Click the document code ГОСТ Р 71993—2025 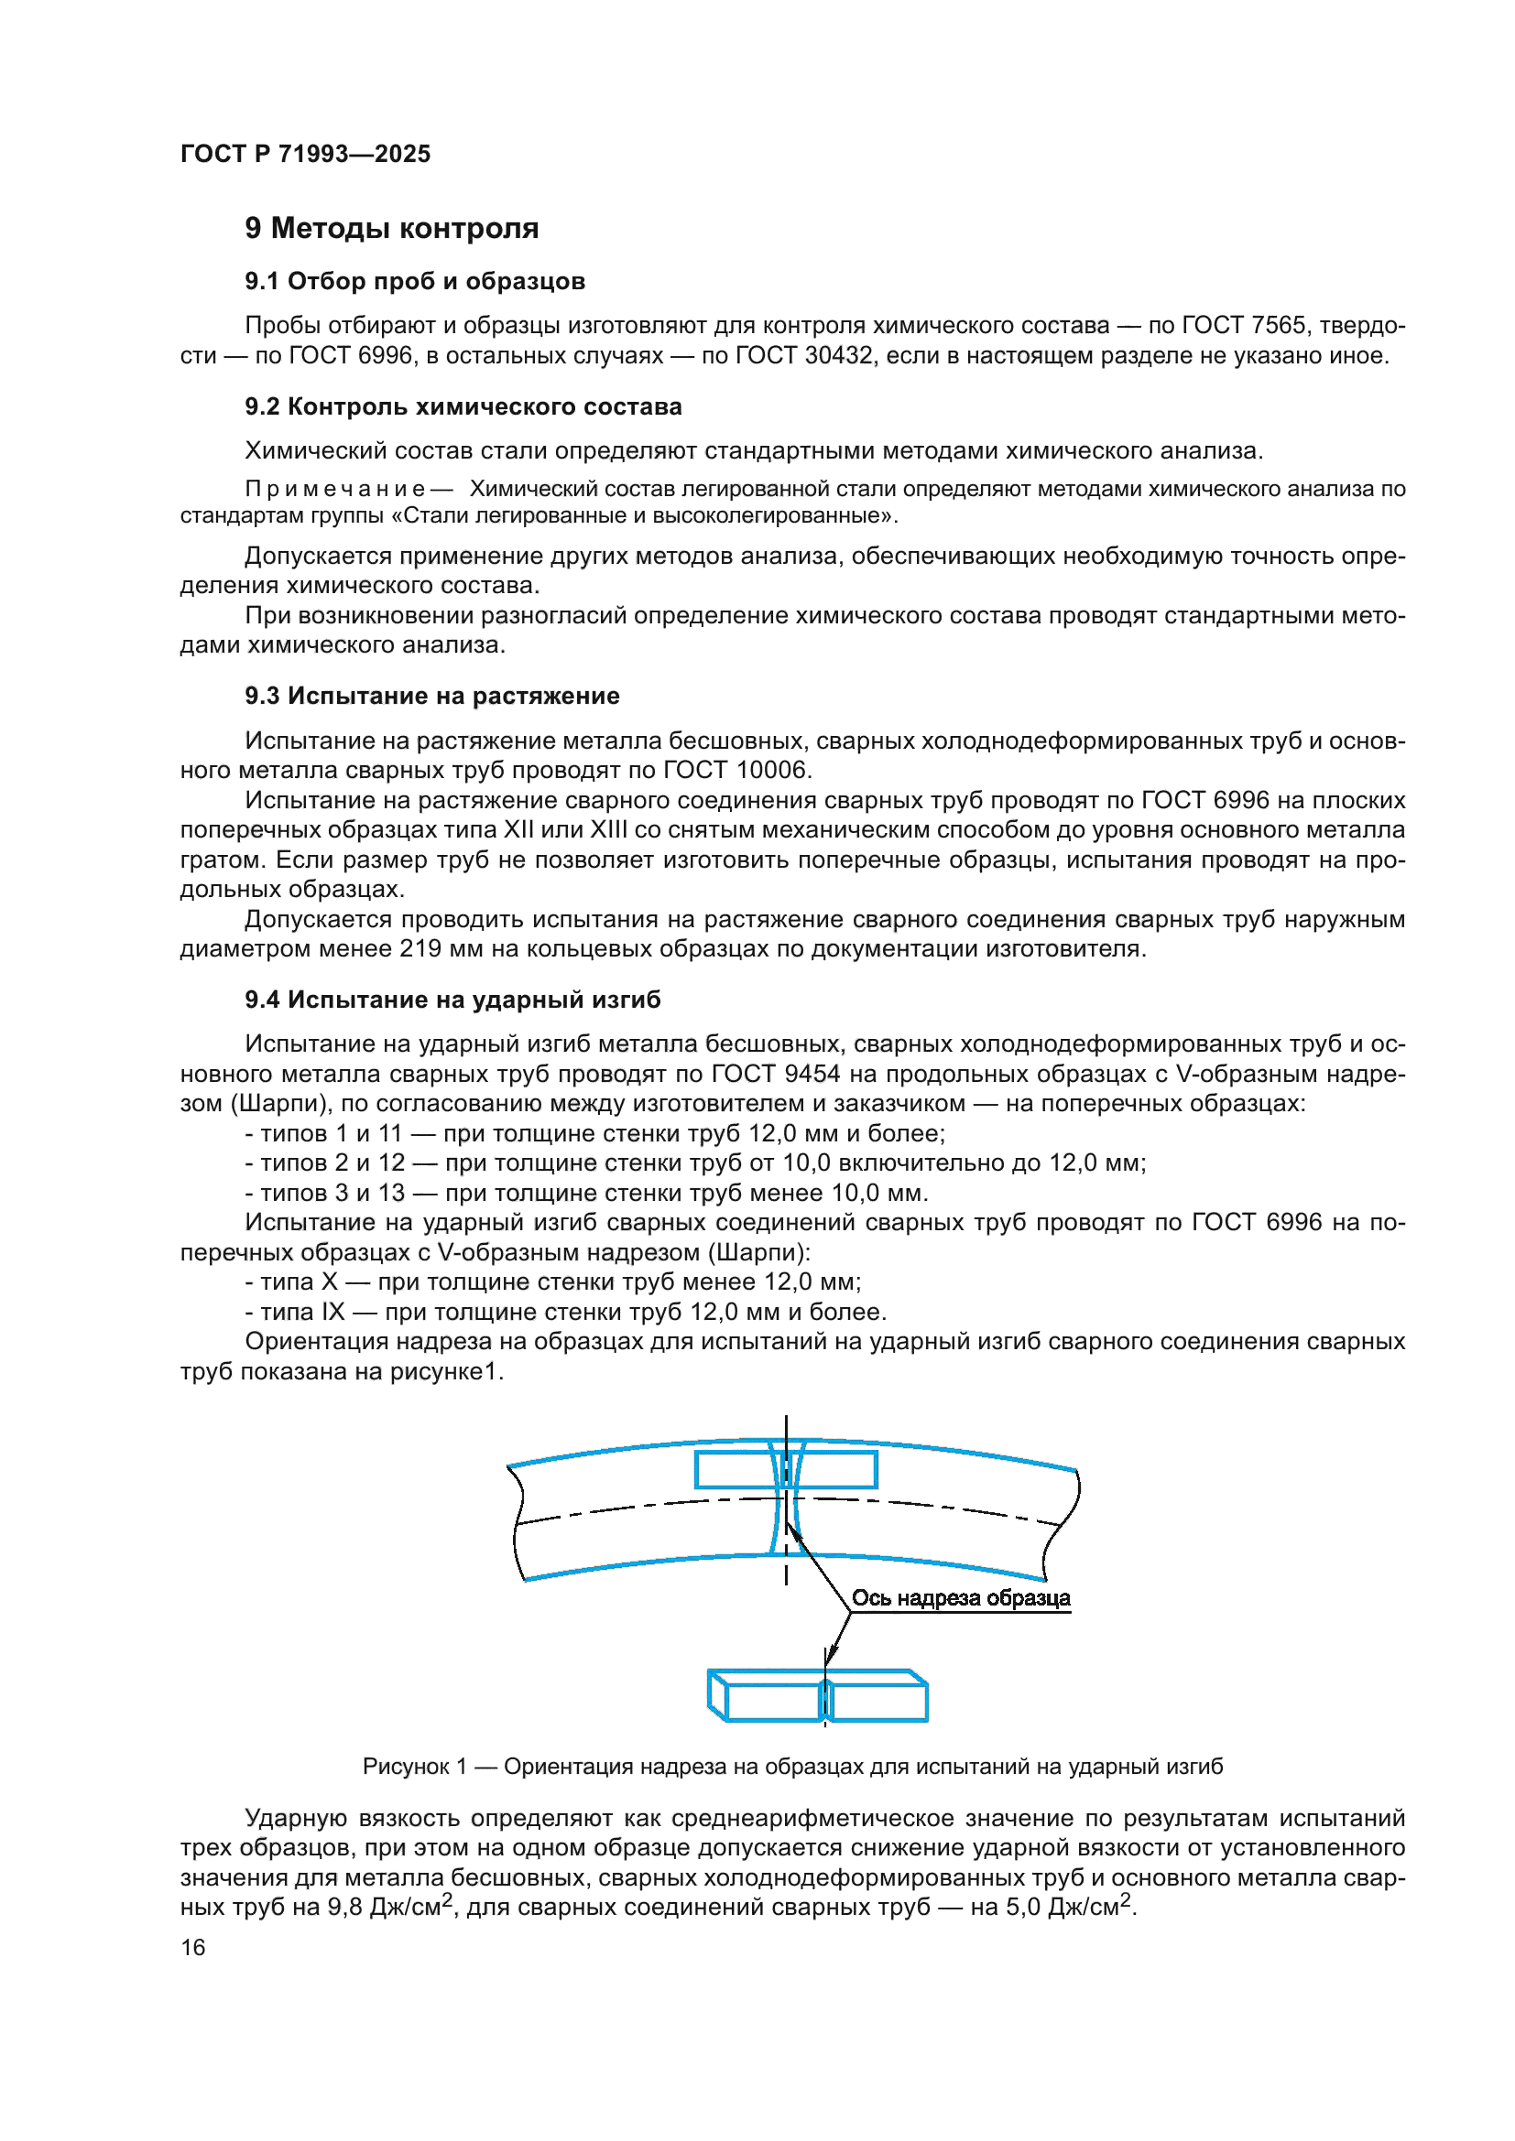305,154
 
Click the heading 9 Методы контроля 391,229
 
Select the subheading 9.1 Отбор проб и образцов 415,281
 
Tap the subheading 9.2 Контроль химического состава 463,406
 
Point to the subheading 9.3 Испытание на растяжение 432,696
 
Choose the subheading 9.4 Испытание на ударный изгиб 452,1000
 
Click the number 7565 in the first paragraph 1278,326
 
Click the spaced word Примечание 335,489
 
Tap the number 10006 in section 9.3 771,770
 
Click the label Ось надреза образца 960,1598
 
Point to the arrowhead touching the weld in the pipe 790,1530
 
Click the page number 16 193,1948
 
